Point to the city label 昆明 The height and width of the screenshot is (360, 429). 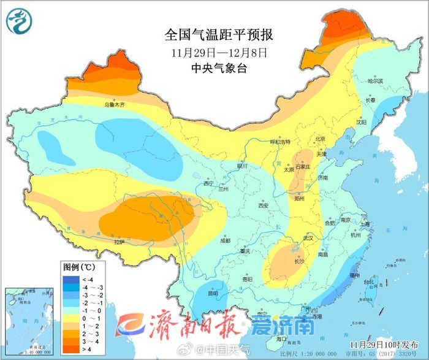click(213, 293)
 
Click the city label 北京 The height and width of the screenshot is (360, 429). click(319, 140)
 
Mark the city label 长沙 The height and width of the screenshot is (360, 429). click(299, 261)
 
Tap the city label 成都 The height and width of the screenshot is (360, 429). click(224, 240)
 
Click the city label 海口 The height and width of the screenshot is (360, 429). click(281, 339)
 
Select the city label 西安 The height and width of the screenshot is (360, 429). click(264, 206)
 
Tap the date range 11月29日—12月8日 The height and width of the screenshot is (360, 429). click(219, 52)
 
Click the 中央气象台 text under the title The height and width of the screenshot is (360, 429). click(219, 69)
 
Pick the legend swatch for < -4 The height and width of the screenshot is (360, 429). click(69, 280)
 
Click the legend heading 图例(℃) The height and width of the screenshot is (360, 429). click(78, 267)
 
